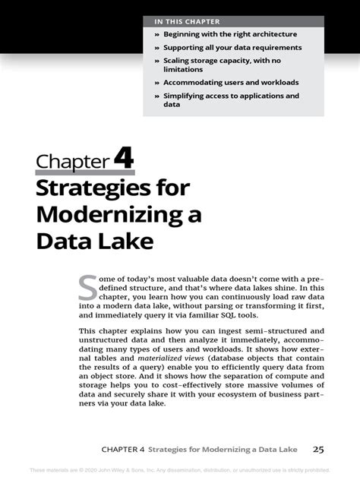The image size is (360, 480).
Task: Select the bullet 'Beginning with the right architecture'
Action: [229, 34]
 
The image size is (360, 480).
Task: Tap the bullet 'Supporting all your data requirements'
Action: [232, 47]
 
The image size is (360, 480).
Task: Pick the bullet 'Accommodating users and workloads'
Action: [230, 82]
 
